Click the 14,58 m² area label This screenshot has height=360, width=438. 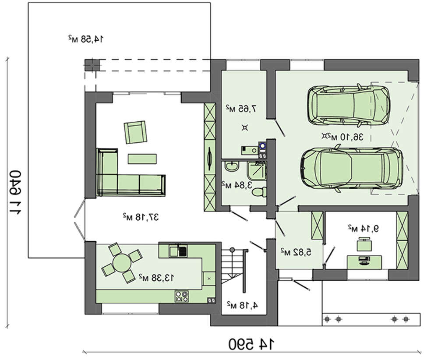(86, 39)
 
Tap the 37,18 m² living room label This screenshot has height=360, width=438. (141, 217)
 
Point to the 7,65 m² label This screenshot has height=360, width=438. (241, 108)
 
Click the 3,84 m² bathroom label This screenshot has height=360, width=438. (237, 185)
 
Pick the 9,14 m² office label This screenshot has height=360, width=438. (364, 229)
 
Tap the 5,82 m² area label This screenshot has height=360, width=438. (296, 252)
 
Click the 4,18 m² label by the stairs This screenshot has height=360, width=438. (242, 305)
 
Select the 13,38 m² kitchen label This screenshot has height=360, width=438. (156, 278)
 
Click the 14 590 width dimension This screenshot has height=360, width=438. (251, 344)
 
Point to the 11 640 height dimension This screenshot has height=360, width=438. (15, 192)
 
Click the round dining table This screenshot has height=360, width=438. (122, 263)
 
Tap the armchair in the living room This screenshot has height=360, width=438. (135, 132)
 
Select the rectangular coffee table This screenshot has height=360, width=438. (142, 159)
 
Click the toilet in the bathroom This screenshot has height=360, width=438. (259, 192)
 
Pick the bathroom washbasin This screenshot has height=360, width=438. (232, 166)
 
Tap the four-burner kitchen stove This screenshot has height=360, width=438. (182, 296)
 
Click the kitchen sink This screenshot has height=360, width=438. (178, 251)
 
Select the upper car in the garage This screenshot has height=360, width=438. (349, 105)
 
